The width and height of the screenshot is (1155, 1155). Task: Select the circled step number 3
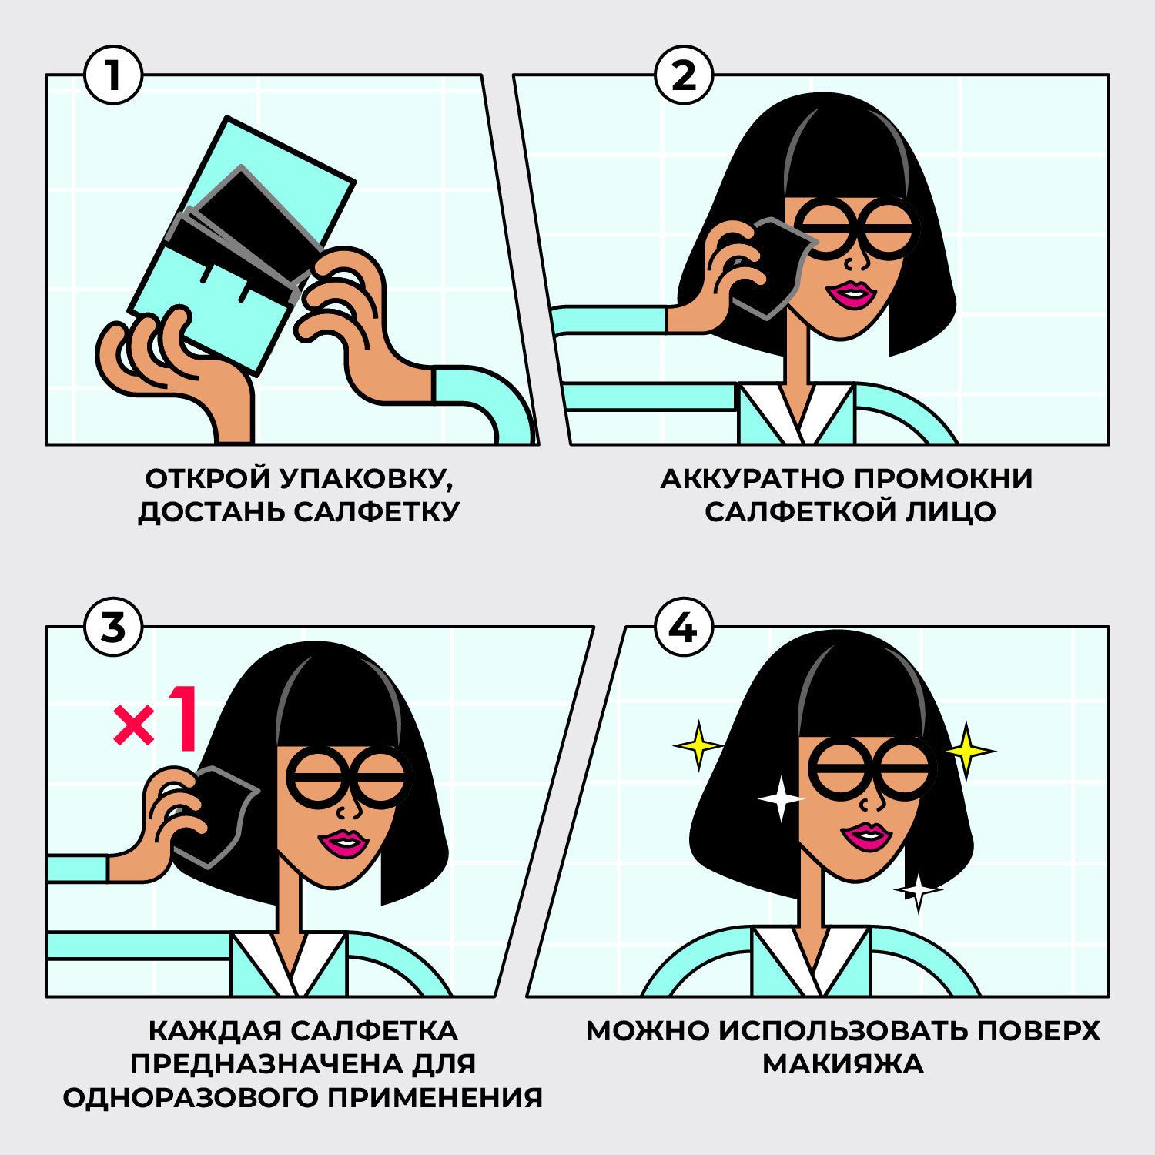point(113,628)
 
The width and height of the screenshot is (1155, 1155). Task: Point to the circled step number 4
point(684,628)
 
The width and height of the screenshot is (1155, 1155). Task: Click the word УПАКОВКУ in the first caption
point(366,479)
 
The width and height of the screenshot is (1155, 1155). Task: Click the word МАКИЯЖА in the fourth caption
point(843,1064)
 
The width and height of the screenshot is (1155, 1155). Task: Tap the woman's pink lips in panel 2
point(854,294)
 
